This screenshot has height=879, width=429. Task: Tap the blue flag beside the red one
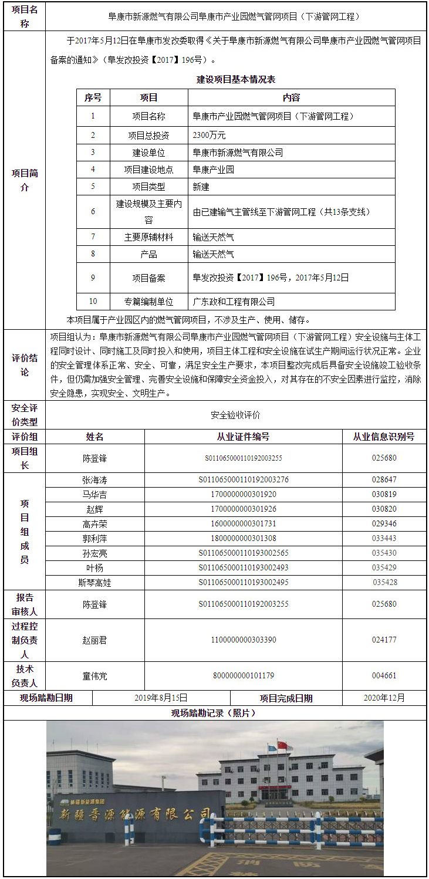tap(271, 748)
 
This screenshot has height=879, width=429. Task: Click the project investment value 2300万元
tap(209, 135)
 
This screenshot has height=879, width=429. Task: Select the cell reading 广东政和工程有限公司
tap(234, 302)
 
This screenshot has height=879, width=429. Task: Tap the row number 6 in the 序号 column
tap(93, 211)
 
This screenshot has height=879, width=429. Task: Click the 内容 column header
tap(291, 97)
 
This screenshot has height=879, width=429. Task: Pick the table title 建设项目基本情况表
tap(236, 79)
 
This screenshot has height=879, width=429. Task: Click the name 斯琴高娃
tap(94, 582)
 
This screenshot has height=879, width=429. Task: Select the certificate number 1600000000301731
tap(243, 523)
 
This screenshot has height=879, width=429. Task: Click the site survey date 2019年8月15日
tap(161, 698)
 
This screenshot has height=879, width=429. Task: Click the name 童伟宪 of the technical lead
tap(94, 676)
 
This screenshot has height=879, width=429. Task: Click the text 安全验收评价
tap(235, 415)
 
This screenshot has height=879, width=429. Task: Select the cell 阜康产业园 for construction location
tap(214, 170)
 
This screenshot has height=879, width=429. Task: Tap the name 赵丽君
tap(94, 640)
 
